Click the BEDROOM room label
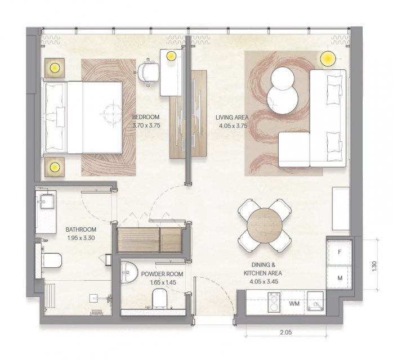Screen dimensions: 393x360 (146, 117)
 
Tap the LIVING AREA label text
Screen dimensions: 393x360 (232, 117)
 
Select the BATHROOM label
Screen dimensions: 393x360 (81, 229)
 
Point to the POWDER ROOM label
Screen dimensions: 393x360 (162, 274)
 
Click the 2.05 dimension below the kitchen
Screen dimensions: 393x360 (285, 332)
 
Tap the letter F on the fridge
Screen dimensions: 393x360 (340, 252)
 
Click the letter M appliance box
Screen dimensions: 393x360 (340, 278)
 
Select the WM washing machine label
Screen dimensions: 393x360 (294, 304)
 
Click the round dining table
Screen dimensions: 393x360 (265, 226)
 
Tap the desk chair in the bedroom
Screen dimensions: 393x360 (148, 72)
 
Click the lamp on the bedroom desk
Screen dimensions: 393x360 (171, 56)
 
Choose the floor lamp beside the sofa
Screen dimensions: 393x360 (328, 58)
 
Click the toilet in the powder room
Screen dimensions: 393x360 (159, 298)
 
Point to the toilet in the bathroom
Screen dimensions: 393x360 (52, 260)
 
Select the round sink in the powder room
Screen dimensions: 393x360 (129, 272)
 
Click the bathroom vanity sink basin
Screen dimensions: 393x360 (46, 201)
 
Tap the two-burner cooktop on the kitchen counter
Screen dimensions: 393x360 (274, 302)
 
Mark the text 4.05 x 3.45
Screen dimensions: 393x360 (264, 282)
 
